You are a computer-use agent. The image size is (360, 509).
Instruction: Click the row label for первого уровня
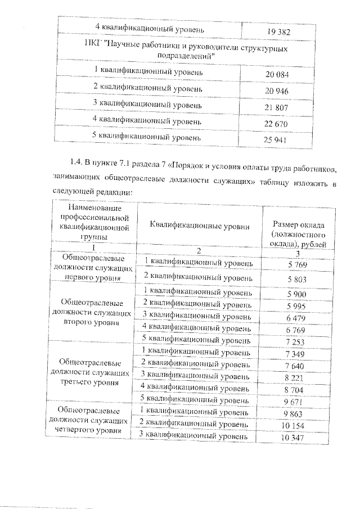coord(93,267)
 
